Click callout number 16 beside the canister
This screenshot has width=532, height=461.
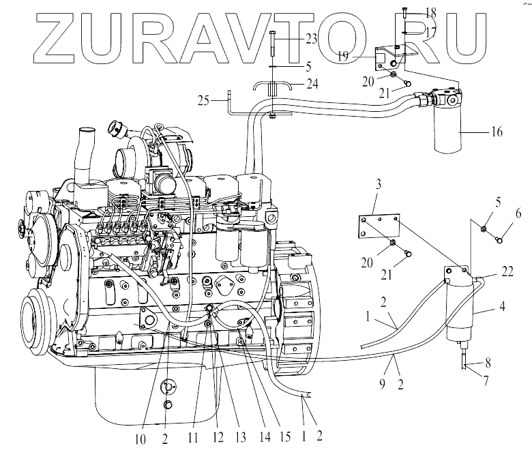[496, 132]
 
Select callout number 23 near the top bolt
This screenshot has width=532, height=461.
[311, 40]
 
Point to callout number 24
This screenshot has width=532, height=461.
[312, 85]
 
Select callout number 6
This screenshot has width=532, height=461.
[518, 213]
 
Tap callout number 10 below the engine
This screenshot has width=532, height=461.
[139, 440]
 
